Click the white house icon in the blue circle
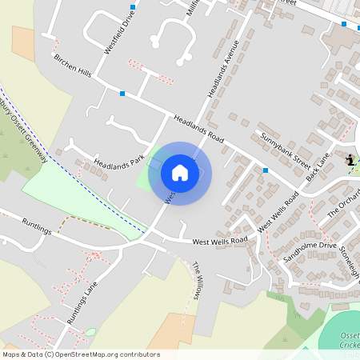(180, 173)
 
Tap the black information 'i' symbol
(350, 160)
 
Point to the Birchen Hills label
(73, 67)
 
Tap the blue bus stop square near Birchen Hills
(122, 94)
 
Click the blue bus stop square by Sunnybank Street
(265, 170)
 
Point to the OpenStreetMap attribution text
(81, 354)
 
